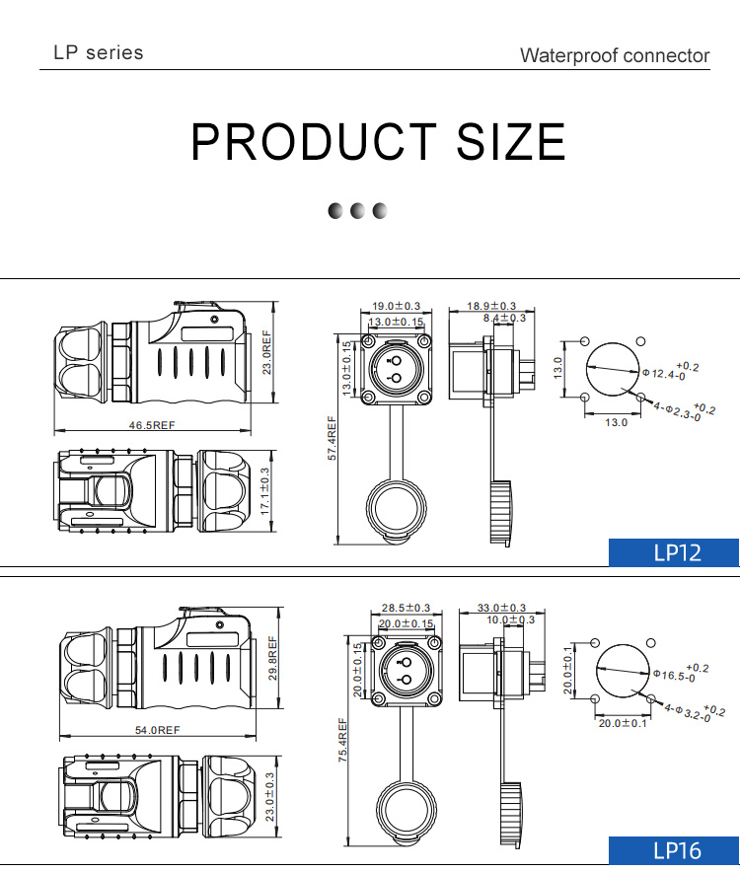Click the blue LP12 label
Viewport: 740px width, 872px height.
click(x=674, y=552)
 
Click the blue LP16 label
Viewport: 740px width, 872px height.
click(x=674, y=850)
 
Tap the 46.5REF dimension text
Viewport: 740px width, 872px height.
click(x=152, y=425)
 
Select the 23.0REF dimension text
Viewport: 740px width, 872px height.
click(x=267, y=352)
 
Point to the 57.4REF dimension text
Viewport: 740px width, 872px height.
click(x=333, y=438)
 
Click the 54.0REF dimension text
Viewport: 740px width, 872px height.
click(x=158, y=730)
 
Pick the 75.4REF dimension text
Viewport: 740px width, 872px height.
click(x=342, y=740)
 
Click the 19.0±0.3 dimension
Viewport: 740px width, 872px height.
click(x=397, y=306)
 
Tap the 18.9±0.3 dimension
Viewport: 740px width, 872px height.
click(x=491, y=306)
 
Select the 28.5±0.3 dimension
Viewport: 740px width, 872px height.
click(x=407, y=608)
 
